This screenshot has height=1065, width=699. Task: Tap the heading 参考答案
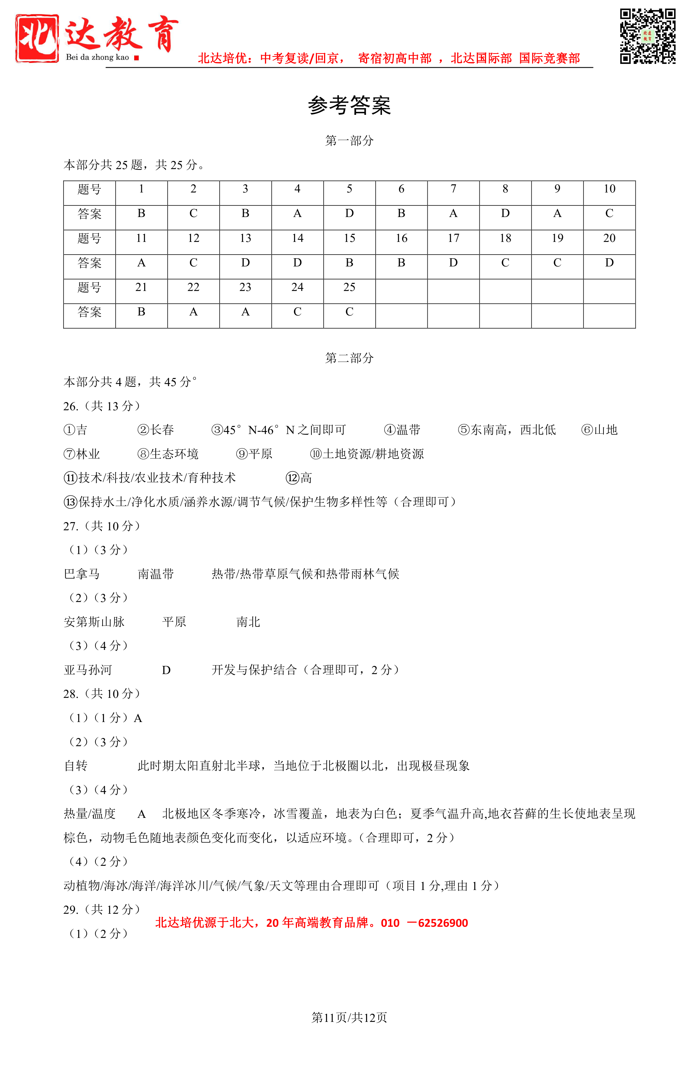click(x=349, y=106)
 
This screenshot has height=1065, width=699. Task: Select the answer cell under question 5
click(x=349, y=213)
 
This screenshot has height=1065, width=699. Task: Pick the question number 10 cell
click(x=609, y=189)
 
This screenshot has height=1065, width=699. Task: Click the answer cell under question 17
click(x=453, y=263)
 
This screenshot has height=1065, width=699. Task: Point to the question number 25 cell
click(x=349, y=287)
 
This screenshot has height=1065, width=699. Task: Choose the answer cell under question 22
click(x=193, y=312)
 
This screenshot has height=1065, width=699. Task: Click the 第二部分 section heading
click(x=349, y=357)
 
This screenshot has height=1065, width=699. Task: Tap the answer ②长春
click(x=155, y=430)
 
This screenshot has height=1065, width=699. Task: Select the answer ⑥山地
click(x=599, y=430)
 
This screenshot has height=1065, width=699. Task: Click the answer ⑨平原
click(x=254, y=454)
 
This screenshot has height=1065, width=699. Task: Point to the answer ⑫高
click(x=299, y=478)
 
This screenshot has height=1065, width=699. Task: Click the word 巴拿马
click(x=82, y=574)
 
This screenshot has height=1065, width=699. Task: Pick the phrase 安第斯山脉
click(x=94, y=622)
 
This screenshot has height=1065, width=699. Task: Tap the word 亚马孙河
click(x=88, y=670)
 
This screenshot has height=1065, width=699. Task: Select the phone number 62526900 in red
click(x=443, y=923)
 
